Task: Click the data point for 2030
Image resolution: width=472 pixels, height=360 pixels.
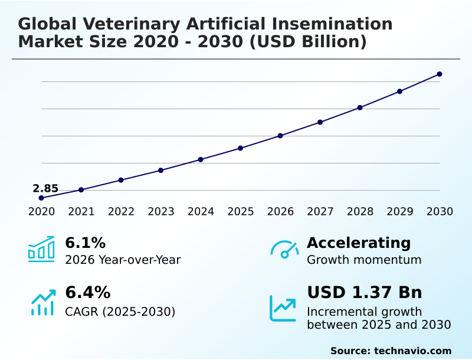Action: tap(440, 74)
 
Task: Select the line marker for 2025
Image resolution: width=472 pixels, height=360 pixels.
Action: tap(241, 148)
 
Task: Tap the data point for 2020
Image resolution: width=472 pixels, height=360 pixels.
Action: tap(41, 198)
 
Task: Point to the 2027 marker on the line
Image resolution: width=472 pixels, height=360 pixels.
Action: tap(320, 122)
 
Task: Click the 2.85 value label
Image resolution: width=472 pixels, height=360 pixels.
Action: tap(45, 189)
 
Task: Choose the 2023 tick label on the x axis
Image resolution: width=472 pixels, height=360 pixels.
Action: tap(161, 212)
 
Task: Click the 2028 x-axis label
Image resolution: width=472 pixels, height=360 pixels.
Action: tap(360, 212)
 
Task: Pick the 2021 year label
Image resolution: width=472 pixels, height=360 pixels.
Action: tap(81, 212)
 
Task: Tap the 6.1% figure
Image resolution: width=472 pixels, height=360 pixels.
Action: tap(85, 243)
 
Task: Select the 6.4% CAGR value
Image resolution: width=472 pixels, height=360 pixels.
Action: tap(87, 293)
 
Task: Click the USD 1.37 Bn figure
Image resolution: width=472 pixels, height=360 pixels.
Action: tap(365, 293)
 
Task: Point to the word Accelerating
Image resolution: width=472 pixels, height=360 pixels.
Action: tap(359, 243)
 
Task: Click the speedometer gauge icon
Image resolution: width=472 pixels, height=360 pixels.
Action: tap(284, 250)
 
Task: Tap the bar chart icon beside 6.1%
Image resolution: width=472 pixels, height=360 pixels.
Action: tap(41, 249)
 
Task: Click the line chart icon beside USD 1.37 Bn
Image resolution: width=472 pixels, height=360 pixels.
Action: tap(283, 307)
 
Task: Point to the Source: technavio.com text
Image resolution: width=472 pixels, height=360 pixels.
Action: tap(391, 351)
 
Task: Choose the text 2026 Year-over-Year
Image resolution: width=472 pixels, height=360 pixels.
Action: tap(123, 260)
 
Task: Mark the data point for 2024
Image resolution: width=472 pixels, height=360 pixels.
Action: tap(201, 159)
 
